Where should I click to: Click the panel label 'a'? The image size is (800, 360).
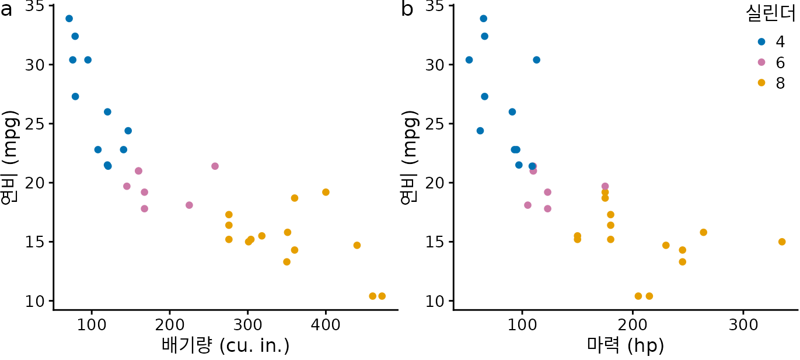coord(6,10)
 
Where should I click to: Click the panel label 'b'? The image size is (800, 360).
coord(407,9)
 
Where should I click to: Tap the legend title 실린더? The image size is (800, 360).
coord(771,13)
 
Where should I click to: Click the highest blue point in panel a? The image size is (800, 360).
coord(69,19)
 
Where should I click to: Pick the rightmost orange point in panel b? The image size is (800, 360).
coord(782,242)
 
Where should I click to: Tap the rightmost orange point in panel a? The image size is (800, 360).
coord(382,296)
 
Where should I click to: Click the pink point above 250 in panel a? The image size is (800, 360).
coord(215,166)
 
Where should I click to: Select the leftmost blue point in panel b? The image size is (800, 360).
coord(469,60)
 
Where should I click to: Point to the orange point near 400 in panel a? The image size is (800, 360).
coord(326,192)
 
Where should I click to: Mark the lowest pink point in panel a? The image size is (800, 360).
coord(144,209)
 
